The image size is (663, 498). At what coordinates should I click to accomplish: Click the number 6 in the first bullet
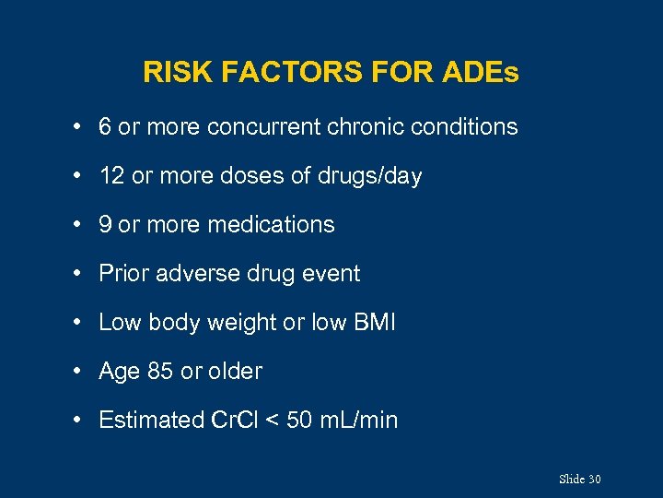[105, 127]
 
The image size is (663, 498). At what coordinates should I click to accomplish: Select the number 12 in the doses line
[111, 176]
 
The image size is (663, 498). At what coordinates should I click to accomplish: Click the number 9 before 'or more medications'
[105, 225]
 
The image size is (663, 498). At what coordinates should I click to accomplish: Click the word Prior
[121, 274]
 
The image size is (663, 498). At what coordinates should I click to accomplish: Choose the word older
[235, 372]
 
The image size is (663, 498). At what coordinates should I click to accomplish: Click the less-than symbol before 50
[272, 421]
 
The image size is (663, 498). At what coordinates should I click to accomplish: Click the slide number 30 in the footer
[594, 480]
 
